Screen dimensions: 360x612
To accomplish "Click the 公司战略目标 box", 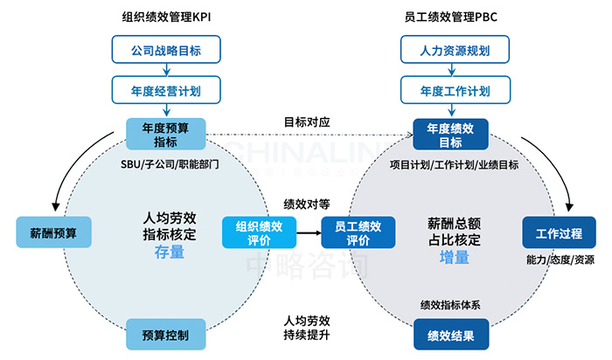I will [165, 51].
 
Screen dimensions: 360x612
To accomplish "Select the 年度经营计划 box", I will [165, 89].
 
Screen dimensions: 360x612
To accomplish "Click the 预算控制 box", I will [165, 334].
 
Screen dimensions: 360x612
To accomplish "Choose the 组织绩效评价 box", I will [253, 233].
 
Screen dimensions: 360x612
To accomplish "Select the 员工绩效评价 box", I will [352, 233].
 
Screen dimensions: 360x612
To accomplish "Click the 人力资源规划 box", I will [454, 51].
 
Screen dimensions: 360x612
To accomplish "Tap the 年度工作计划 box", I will [454, 89].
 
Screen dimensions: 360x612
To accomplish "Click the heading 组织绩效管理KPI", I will [165, 16].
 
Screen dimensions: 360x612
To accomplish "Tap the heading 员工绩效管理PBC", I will [453, 16].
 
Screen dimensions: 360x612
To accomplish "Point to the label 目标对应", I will [307, 121].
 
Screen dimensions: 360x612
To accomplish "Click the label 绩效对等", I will [307, 204].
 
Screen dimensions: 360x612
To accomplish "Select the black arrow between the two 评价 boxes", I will [302, 233].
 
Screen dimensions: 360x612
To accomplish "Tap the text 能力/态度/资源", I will [560, 260].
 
